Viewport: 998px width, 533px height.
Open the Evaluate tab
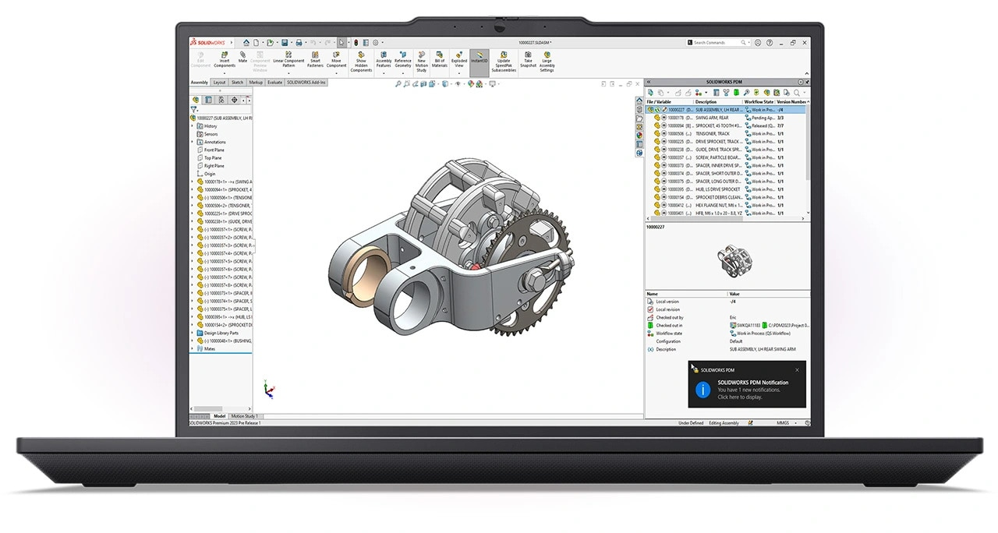[x=275, y=82]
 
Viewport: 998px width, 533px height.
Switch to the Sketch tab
[x=237, y=82]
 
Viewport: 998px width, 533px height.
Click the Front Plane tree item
[x=214, y=150]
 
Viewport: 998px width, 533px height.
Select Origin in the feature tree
[x=210, y=174]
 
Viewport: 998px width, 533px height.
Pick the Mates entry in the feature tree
[x=209, y=348]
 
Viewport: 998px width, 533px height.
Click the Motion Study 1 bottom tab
[x=244, y=416]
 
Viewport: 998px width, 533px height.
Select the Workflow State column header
[x=759, y=102]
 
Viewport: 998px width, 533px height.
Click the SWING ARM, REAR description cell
[x=713, y=118]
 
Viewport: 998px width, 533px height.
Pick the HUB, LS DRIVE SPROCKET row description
[x=717, y=189]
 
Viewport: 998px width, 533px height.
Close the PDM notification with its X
[x=797, y=370]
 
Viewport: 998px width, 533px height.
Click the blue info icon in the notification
[x=702, y=389]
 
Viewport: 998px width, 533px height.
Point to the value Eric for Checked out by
[x=733, y=318]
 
